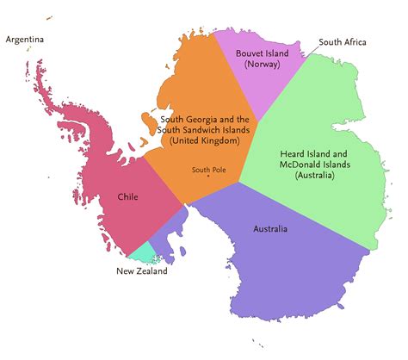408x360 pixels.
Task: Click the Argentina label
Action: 25,40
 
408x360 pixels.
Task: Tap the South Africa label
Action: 343,41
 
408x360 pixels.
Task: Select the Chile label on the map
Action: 127,197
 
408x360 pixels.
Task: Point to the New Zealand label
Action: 142,271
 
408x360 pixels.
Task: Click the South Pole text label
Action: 207,169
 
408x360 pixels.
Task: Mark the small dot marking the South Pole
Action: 207,177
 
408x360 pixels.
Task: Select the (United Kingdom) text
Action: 205,140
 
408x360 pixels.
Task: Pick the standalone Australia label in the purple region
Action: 270,229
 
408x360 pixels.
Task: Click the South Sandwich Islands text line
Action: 205,130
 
